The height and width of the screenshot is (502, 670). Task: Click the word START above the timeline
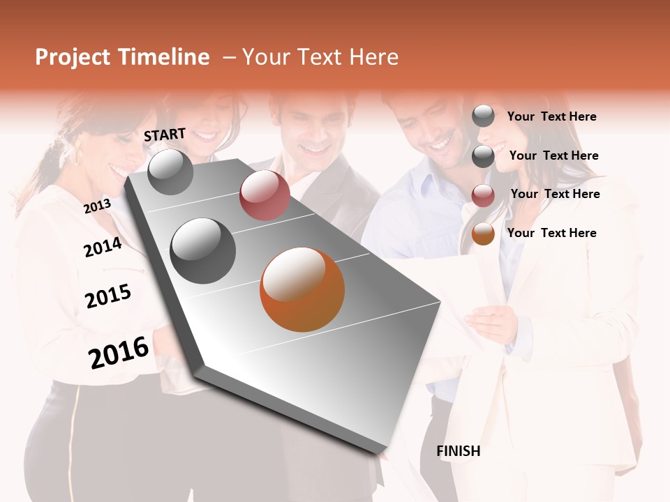(165, 135)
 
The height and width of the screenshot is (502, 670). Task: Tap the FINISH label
(458, 451)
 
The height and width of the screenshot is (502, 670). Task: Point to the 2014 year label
(103, 247)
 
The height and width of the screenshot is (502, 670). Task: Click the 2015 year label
(108, 296)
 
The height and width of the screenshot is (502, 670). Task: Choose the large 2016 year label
(119, 352)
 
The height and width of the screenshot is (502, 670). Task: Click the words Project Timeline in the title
(122, 57)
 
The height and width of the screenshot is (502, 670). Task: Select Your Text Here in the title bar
(320, 57)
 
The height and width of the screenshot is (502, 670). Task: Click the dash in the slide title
(228, 57)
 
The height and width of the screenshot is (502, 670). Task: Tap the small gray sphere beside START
(170, 172)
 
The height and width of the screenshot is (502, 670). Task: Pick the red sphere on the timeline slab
(265, 195)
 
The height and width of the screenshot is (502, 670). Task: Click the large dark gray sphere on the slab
(203, 251)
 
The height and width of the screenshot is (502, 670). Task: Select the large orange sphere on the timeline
(302, 289)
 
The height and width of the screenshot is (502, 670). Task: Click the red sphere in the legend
(483, 195)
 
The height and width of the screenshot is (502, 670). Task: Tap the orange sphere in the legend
(483, 234)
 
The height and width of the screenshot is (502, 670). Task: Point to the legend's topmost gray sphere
(483, 116)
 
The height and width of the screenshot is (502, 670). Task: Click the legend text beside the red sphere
(555, 194)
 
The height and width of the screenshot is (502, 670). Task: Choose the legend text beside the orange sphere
(551, 233)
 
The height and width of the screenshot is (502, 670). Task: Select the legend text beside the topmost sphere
(551, 116)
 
